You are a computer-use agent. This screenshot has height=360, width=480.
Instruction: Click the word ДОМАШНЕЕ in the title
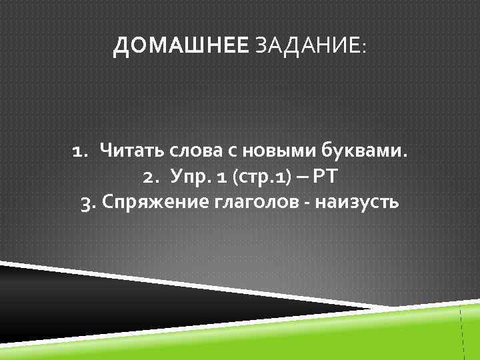click(181, 47)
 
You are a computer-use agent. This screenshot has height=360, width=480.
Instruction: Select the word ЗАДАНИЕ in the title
click(306, 47)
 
